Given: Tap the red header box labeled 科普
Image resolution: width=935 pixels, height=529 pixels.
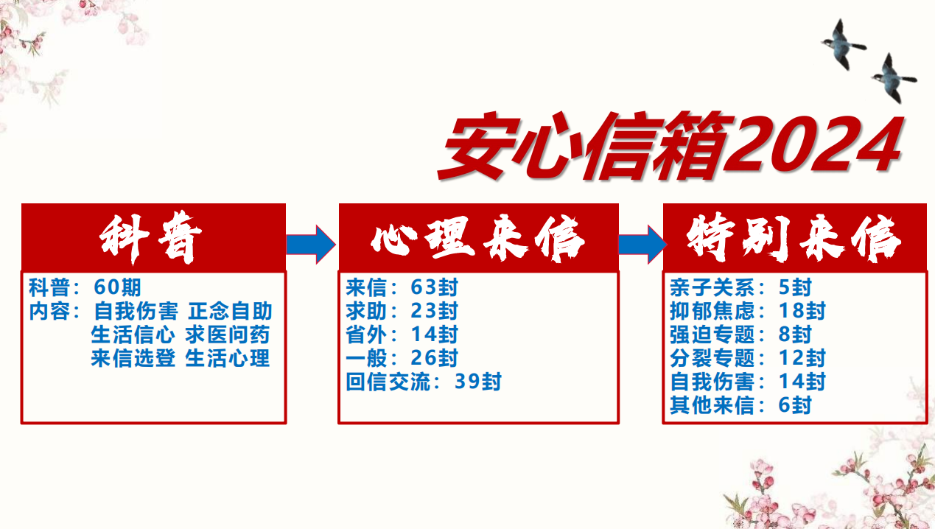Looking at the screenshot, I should [x=153, y=238].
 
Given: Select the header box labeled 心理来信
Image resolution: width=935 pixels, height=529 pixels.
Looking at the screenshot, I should [x=478, y=238].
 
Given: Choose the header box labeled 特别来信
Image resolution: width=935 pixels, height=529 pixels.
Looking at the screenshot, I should [x=794, y=238].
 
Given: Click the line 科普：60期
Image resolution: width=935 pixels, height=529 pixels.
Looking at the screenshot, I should [x=85, y=287].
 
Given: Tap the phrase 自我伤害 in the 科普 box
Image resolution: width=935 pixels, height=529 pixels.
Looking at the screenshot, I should [x=136, y=310].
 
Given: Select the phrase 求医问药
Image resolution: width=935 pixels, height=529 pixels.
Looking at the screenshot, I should [x=228, y=334].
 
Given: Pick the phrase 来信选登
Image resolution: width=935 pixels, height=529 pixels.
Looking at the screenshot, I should [x=133, y=358].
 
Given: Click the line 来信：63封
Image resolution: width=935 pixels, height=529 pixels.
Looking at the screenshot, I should [x=402, y=287].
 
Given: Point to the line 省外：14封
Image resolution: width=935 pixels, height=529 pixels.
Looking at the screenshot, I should [x=402, y=334].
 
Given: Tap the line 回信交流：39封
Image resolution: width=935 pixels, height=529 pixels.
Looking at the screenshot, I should [x=424, y=382].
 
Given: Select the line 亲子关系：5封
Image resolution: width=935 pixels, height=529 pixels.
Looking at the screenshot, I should [x=740, y=287].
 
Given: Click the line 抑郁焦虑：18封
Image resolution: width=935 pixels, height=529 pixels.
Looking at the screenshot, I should [x=748, y=310].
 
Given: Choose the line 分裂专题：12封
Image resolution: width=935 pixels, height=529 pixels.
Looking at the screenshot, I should [x=748, y=358].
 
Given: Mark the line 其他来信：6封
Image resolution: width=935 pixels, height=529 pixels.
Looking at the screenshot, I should [x=740, y=405].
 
